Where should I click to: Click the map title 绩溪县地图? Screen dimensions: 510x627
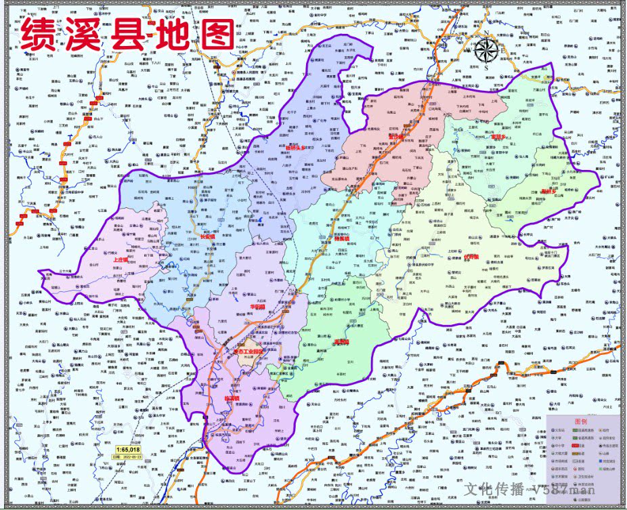(x=127, y=34)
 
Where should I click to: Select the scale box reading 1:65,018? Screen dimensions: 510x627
(x=128, y=449)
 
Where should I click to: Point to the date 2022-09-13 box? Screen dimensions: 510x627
(x=128, y=456)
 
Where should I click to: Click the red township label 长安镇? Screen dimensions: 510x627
(x=207, y=237)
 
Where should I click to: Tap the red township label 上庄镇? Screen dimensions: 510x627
(x=122, y=259)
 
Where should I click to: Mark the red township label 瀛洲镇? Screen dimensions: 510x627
(x=341, y=341)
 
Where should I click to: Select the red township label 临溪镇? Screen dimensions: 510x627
(x=232, y=399)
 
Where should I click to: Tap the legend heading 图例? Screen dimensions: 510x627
(x=582, y=421)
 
